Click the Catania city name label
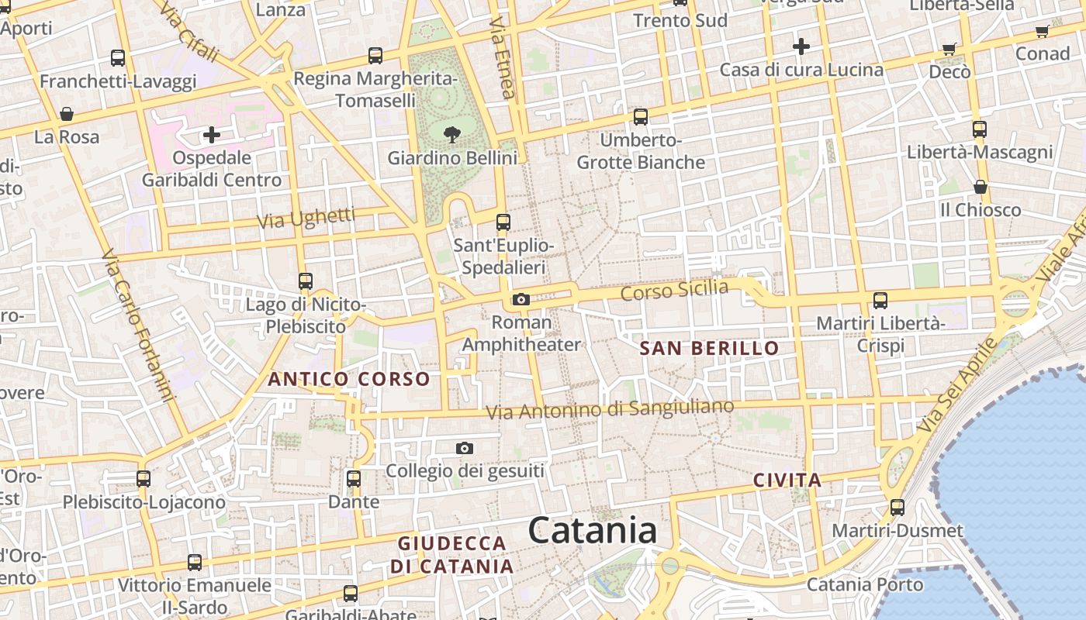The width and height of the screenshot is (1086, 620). (593, 531)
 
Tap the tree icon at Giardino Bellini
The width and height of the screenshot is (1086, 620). (452, 135)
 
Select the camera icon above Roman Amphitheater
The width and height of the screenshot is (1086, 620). (521, 299)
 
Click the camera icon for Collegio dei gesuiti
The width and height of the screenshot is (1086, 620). (465, 448)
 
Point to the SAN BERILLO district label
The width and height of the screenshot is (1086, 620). (709, 348)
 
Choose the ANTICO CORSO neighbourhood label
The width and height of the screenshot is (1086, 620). (348, 379)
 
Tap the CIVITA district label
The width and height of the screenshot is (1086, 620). (787, 480)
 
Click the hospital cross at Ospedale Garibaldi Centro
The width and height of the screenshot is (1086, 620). (211, 136)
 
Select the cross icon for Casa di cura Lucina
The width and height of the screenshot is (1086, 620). (801, 46)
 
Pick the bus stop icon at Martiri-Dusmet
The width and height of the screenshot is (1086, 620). (898, 508)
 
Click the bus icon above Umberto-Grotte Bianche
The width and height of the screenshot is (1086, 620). (641, 117)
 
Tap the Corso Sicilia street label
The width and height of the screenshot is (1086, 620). (674, 291)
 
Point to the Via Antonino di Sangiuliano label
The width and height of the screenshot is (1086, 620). (610, 409)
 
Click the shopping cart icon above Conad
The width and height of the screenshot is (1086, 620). (1042, 32)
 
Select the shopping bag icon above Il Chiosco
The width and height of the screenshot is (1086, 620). (981, 187)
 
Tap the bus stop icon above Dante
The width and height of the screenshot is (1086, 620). (354, 479)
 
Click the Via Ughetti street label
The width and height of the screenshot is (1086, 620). (306, 218)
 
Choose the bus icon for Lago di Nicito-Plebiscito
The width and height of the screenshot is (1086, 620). (306, 281)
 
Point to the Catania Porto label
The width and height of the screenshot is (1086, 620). (865, 584)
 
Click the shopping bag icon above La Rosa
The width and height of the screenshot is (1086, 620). (67, 115)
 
